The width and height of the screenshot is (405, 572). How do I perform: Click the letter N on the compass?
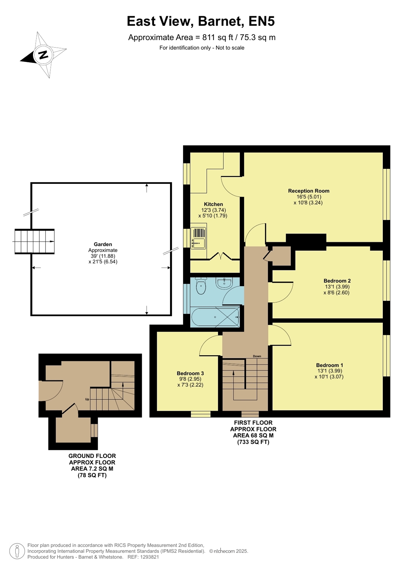pyautogui.click(x=43, y=55)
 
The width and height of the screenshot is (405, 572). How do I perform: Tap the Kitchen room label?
pyautogui.click(x=213, y=204)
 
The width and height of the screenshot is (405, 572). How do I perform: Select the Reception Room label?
pyautogui.click(x=309, y=191)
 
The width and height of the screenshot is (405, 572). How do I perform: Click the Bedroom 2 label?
pyautogui.click(x=337, y=281)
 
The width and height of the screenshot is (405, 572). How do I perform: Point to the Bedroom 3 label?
pyautogui.click(x=190, y=373)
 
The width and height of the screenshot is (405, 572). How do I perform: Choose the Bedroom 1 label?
pyautogui.click(x=329, y=365)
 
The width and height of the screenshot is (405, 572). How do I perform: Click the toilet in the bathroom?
pyautogui.click(x=201, y=286)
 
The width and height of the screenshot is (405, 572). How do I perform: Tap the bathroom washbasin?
pyautogui.click(x=224, y=283)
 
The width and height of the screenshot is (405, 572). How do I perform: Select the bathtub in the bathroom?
pyautogui.click(x=215, y=317)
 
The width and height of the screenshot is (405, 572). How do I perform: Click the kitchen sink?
pyautogui.click(x=198, y=238)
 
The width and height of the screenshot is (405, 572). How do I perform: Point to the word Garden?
pyautogui.click(x=103, y=244)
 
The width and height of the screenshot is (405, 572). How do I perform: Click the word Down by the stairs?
pyautogui.click(x=257, y=356)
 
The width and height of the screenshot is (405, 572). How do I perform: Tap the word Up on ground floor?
pyautogui.click(x=87, y=399)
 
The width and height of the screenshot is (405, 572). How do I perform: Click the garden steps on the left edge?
pyautogui.click(x=34, y=241)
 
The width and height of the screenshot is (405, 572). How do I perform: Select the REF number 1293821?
pyautogui.click(x=150, y=557)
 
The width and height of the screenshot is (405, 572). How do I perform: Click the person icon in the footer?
pyautogui.click(x=17, y=551)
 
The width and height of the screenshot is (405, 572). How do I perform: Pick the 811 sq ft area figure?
pyautogui.click(x=218, y=38)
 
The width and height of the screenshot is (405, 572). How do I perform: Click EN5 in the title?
pyautogui.click(x=261, y=21)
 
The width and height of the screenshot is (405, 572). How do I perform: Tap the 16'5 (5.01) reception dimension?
pyautogui.click(x=309, y=197)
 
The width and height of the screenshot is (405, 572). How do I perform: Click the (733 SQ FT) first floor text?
pyautogui.click(x=253, y=442)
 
